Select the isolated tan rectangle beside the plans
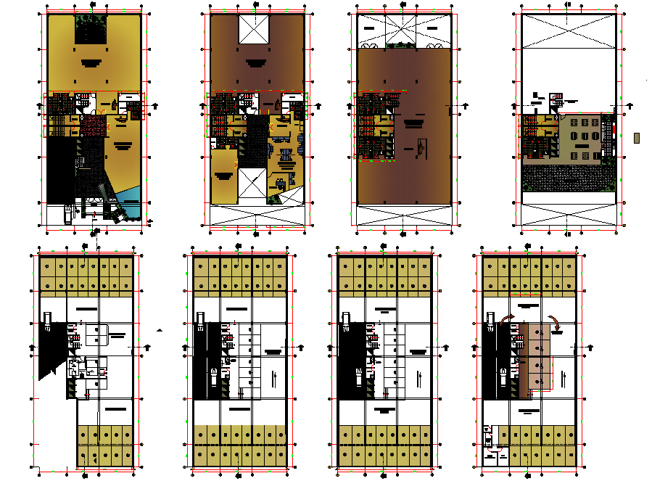tap(636, 138)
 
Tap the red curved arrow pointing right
tap(505, 320)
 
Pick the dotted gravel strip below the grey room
tap(569, 176)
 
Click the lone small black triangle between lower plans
tap(160, 330)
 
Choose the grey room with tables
tap(579, 136)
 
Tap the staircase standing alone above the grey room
tap(556, 99)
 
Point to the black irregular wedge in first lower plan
tap(49, 348)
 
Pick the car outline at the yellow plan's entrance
tap(67, 214)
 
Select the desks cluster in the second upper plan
tap(286, 152)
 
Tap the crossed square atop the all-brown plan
tap(403, 29)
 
